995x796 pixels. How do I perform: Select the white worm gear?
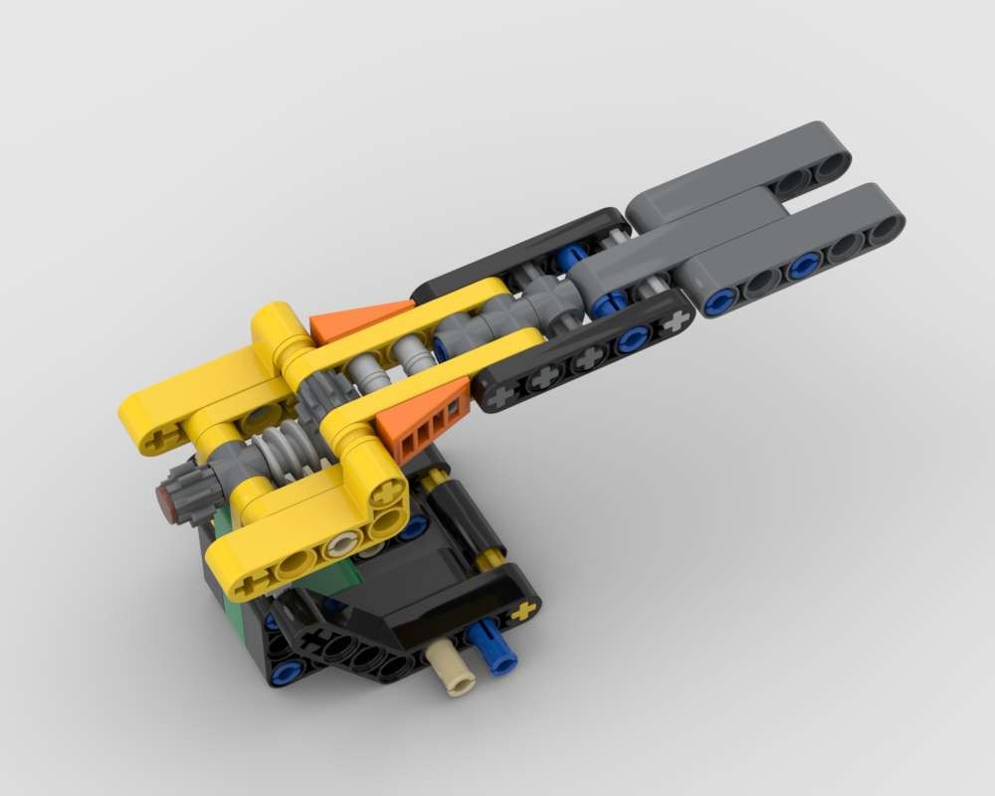tap(282, 444)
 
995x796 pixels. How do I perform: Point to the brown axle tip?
tap(167, 500)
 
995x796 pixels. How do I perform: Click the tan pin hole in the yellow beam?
tap(344, 544)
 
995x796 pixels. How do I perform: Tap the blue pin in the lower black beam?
tap(633, 340)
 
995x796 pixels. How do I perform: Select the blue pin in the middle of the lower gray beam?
tap(803, 266)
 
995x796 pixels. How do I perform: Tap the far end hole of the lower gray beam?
tap(882, 231)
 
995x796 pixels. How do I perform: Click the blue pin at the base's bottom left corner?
tap(287, 672)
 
